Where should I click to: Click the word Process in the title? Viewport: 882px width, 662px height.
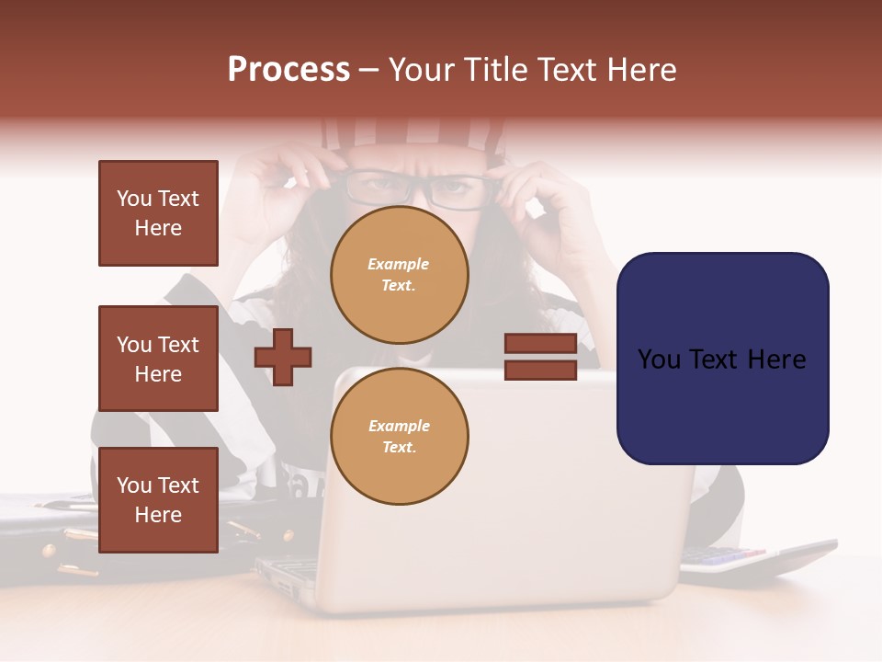pos(288,70)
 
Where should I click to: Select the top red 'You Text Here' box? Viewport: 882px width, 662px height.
pos(158,213)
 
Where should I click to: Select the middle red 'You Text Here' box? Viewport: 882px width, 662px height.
pos(158,359)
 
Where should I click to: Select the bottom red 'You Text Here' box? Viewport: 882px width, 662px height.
pos(158,500)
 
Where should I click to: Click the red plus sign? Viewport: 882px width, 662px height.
pos(283,357)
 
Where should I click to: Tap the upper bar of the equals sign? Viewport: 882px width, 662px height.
pos(540,344)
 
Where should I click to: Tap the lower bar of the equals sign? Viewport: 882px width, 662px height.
pos(540,371)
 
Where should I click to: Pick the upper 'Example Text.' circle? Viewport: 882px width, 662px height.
pos(399,275)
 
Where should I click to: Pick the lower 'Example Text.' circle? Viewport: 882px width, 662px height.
pos(399,437)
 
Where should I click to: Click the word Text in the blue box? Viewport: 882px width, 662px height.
pos(720,360)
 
